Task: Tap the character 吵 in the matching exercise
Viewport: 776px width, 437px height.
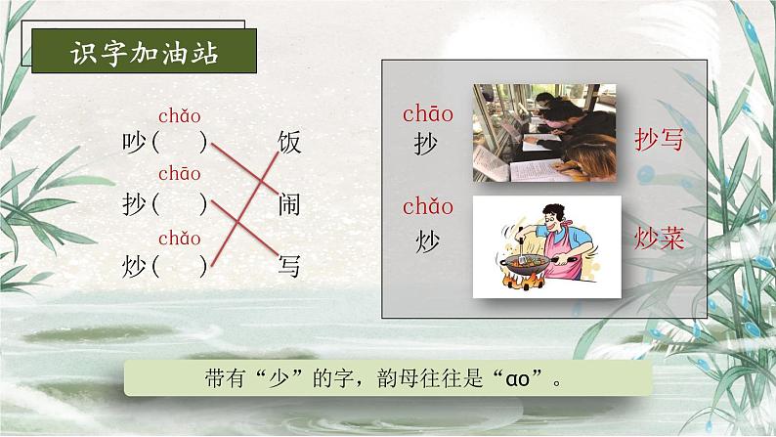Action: [x=134, y=144]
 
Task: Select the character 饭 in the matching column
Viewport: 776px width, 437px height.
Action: [x=288, y=144]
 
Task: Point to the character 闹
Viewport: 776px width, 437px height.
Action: [x=288, y=203]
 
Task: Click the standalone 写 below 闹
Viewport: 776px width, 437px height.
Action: [x=288, y=265]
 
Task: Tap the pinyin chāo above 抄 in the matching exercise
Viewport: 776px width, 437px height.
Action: [x=179, y=175]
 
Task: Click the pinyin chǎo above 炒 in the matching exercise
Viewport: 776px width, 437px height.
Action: [x=179, y=238]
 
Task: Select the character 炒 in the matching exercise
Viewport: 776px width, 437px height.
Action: [x=134, y=265]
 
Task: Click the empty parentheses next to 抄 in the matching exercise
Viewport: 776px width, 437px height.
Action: [x=181, y=204]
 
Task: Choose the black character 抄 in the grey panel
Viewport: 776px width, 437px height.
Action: [x=426, y=145]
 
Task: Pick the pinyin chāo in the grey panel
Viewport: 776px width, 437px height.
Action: [x=427, y=114]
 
